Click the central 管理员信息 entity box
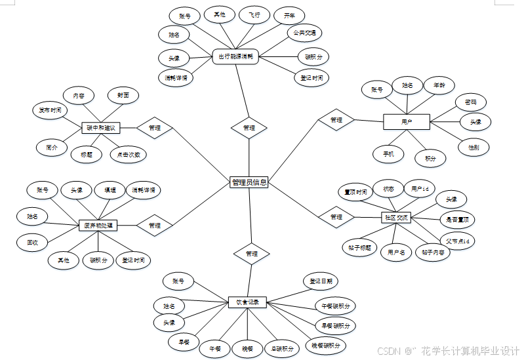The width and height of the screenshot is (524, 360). point(249,182)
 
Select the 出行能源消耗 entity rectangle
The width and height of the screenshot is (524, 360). point(236,57)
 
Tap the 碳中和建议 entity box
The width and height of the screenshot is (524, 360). point(100,128)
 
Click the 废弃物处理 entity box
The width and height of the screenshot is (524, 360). point(98,226)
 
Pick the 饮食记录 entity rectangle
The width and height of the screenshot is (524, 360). point(247,303)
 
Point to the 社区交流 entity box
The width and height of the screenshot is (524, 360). point(395,217)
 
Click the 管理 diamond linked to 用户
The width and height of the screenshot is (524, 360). point(336,120)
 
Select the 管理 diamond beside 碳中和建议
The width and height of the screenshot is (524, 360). point(155,128)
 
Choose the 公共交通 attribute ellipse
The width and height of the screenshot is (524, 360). point(304,33)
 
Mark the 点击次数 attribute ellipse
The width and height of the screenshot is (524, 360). point(128,155)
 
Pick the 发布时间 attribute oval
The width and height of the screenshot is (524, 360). point(49,110)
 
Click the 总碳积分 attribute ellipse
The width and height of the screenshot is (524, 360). point(282,348)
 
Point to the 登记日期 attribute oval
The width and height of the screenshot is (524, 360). point(321,281)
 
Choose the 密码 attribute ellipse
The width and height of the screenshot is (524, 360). point(470,102)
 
